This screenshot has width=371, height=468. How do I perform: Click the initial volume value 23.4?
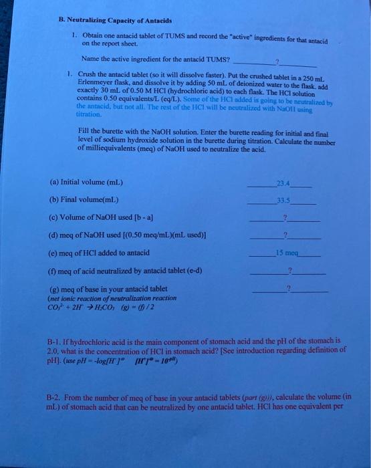287,182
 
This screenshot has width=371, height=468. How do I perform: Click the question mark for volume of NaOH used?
285,217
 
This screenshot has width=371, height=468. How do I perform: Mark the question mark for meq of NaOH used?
285,235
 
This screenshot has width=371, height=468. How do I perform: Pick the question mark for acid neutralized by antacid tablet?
289,269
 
